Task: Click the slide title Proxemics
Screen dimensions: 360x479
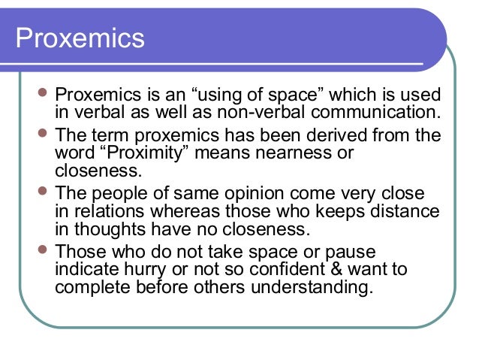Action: click(x=80, y=37)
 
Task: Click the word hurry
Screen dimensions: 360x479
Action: click(x=143, y=268)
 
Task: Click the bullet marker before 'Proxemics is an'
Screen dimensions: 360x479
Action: click(x=43, y=96)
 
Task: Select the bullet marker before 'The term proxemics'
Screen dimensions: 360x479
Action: click(x=43, y=135)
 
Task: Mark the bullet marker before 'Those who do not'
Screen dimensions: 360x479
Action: click(x=43, y=251)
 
